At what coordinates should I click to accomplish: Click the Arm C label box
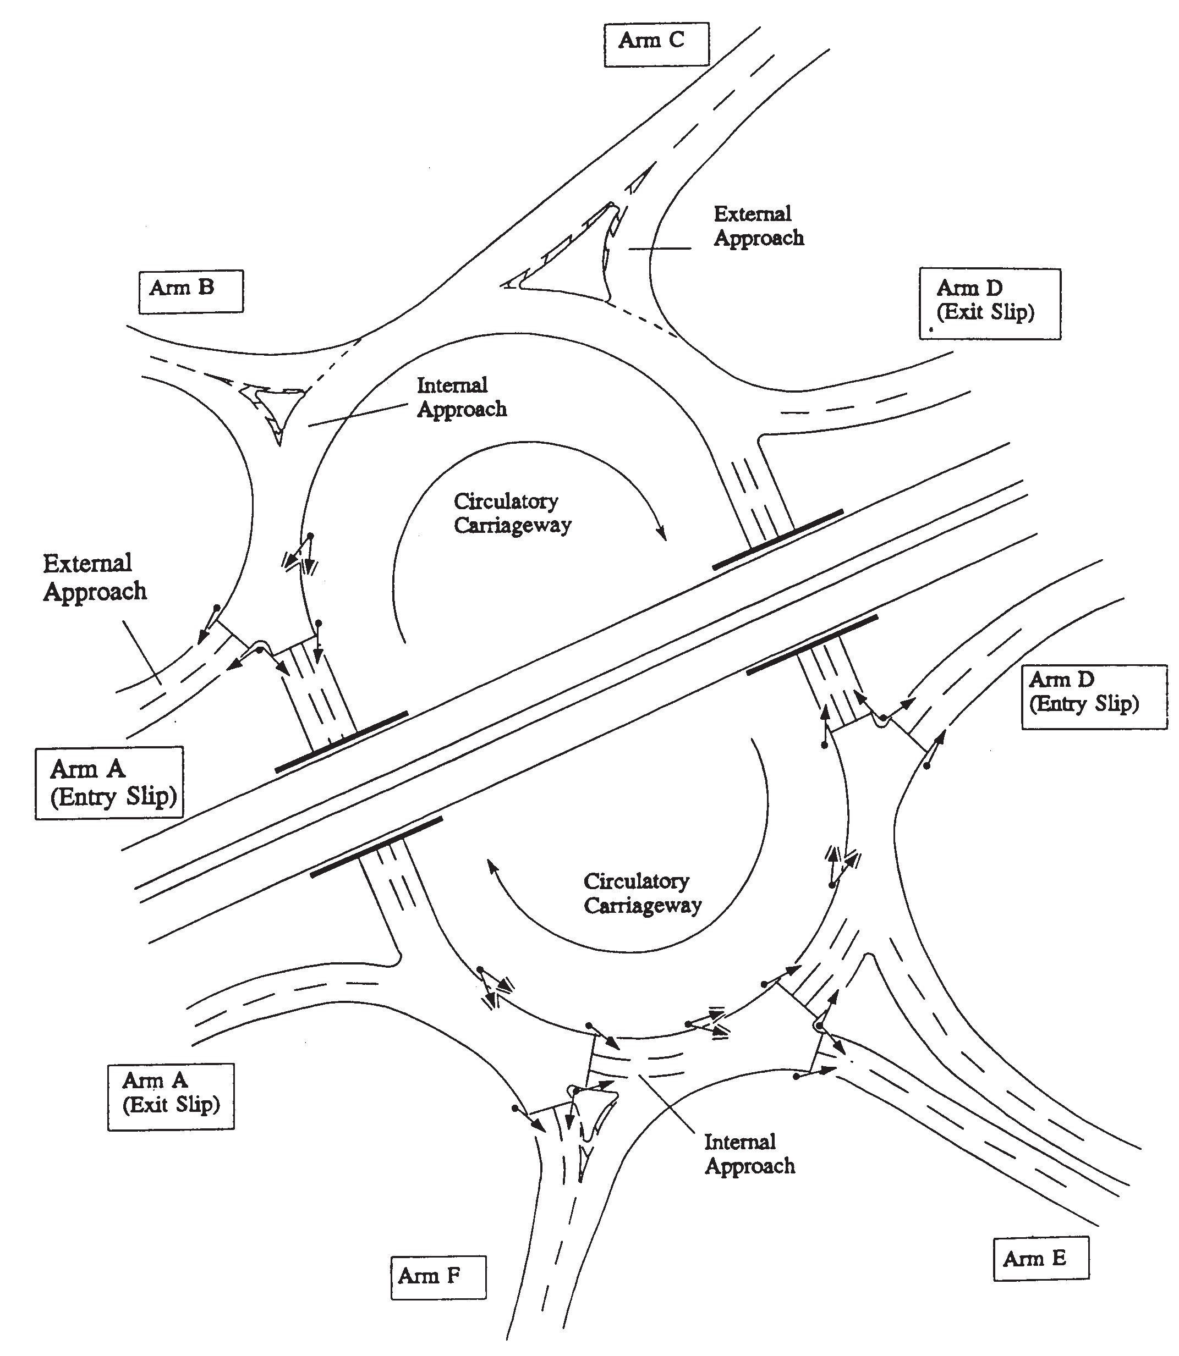[x=656, y=44]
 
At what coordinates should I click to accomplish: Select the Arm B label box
[x=190, y=291]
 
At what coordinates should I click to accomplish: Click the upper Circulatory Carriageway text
[x=512, y=514]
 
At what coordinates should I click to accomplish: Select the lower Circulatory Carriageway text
[x=642, y=893]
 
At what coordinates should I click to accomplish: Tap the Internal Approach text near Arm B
[x=462, y=397]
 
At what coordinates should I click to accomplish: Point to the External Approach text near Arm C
[x=759, y=225]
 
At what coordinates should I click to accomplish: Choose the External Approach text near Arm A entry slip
[x=94, y=577]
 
